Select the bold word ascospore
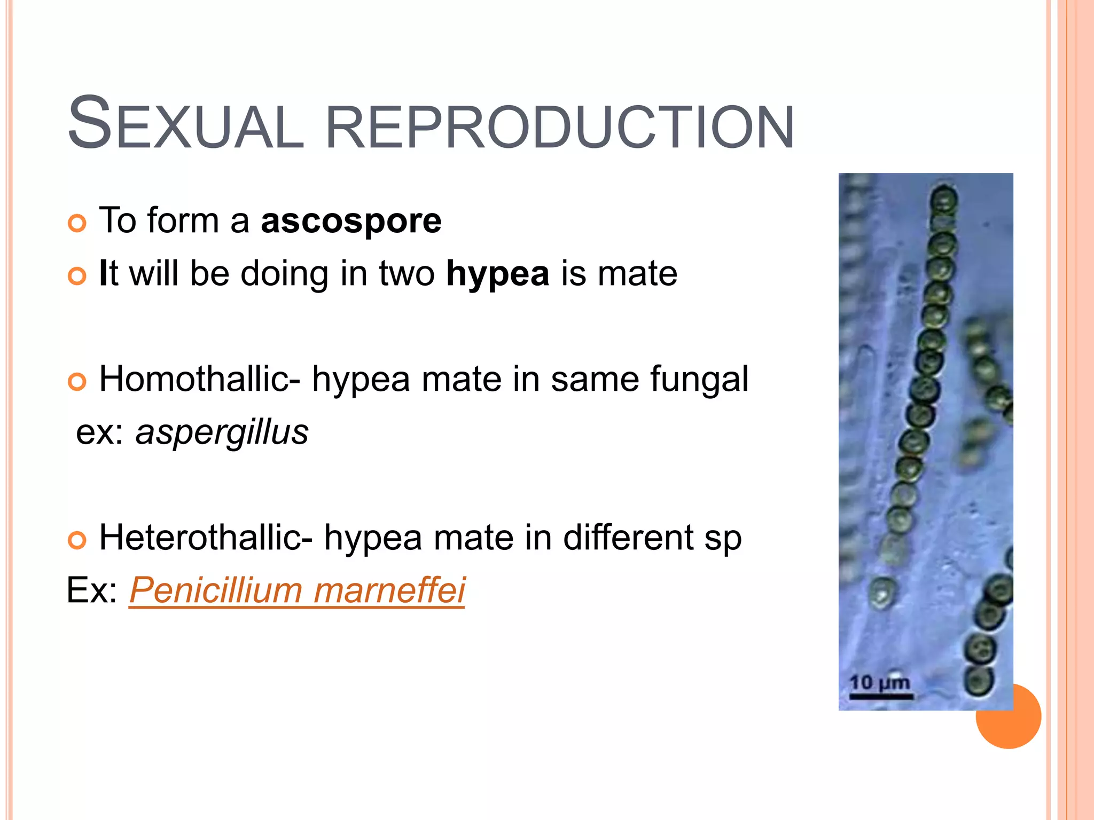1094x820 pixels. tap(351, 220)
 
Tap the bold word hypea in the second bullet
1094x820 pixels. tap(497, 274)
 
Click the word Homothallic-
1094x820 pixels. tap(200, 379)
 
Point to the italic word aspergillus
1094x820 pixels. tap(222, 432)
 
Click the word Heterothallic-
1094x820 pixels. tap(206, 538)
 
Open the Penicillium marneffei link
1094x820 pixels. tap(297, 590)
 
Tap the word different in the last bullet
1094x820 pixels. tap(628, 538)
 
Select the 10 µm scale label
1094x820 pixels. tap(879, 683)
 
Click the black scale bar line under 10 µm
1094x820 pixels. tap(881, 697)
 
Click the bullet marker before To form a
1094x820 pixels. tap(77, 223)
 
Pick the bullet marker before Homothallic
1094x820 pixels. tap(77, 382)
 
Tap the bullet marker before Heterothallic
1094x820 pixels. tap(77, 540)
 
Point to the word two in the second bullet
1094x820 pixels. tap(407, 274)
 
